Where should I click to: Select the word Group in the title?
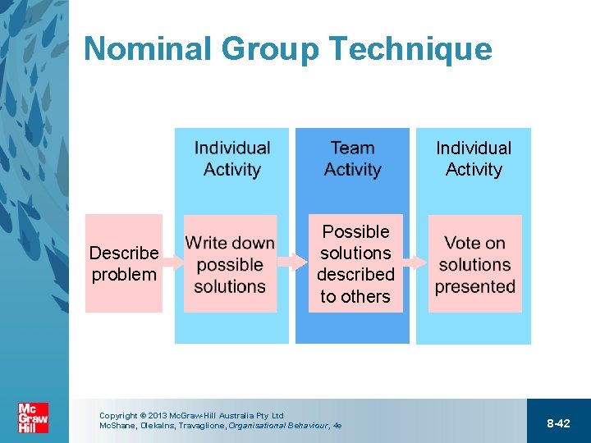tap(270, 49)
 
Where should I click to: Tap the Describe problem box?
tap(124, 263)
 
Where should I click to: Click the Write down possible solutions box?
tap(230, 264)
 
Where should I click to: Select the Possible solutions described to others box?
tap(355, 263)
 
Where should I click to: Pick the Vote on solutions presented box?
tap(474, 264)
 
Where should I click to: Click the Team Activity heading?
tap(352, 158)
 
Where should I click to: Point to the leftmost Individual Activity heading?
tap(232, 158)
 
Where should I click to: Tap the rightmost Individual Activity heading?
tap(474, 158)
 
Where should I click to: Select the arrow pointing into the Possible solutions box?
tap(292, 263)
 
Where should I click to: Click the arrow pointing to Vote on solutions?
tap(416, 263)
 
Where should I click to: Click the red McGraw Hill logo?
tap(33, 418)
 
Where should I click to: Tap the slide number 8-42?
tap(558, 423)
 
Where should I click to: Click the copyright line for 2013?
tap(190, 416)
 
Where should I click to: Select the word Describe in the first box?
tap(124, 253)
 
